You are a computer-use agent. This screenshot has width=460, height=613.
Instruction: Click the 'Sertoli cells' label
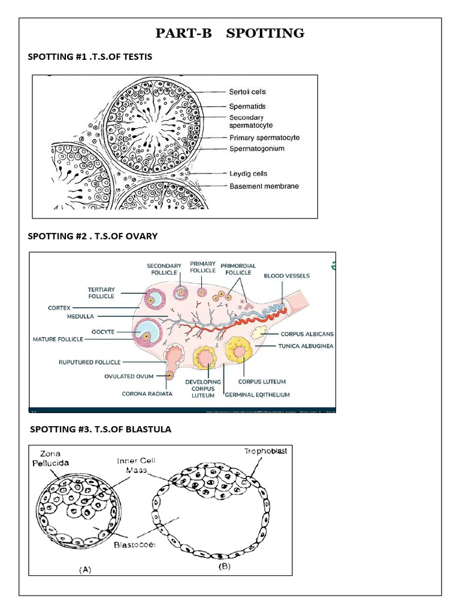click(247, 92)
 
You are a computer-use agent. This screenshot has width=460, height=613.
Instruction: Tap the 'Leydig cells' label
click(249, 174)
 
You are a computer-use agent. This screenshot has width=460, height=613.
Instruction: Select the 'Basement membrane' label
click(264, 186)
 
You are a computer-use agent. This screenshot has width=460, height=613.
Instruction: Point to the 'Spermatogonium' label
click(257, 148)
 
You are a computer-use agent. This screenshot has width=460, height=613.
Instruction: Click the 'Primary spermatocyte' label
click(265, 138)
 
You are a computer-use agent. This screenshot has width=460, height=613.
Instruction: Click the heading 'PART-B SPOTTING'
click(230, 34)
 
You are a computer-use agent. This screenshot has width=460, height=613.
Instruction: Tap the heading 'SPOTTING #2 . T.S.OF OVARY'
click(93, 236)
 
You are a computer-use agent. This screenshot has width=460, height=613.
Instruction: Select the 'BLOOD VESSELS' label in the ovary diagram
click(287, 276)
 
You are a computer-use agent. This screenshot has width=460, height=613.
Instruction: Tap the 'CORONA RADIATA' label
click(147, 393)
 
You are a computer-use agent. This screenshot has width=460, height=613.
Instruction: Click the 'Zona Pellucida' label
click(51, 459)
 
